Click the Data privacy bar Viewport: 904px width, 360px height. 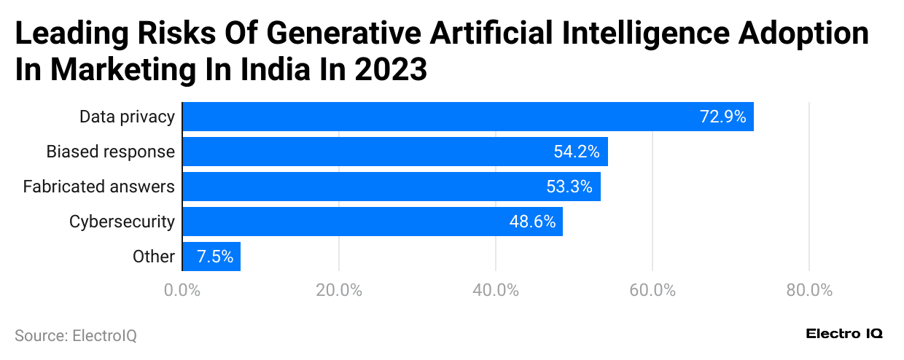click(467, 117)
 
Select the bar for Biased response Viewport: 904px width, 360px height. click(394, 152)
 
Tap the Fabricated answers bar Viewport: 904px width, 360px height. click(391, 187)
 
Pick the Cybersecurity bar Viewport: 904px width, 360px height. click(372, 222)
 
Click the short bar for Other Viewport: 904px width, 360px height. click(211, 257)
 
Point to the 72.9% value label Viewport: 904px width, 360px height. click(722, 117)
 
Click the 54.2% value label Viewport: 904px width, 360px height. click(576, 152)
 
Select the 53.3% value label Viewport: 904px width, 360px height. click(569, 187)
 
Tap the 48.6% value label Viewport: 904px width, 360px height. click(532, 222)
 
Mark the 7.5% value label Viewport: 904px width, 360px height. click(215, 257)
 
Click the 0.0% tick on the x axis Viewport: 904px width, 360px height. click(182, 290)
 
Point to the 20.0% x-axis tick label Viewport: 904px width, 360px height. click(339, 290)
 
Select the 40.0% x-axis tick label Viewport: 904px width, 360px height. click(496, 290)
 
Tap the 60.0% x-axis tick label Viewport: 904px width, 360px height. click(652, 290)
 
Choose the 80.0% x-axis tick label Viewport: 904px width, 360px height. click(809, 290)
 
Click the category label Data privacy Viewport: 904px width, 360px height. click(127, 117)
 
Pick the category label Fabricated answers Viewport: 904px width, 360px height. click(98, 187)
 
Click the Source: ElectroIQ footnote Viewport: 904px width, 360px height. click(76, 336)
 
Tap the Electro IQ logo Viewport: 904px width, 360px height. click(844, 334)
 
